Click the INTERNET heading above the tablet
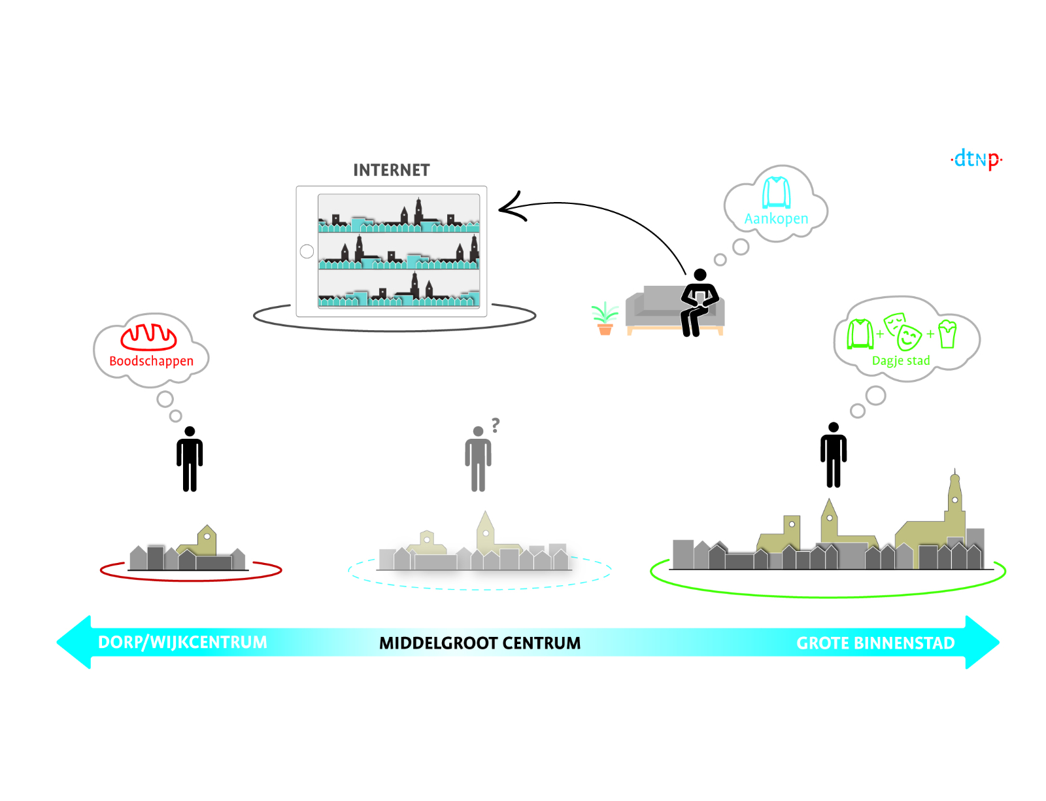391,171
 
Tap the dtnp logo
976,159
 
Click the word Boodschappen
151,361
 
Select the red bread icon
148,336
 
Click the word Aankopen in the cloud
776,218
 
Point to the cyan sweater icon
776,192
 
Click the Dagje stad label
900,361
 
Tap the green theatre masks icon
903,331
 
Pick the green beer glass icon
947,333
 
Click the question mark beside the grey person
496,425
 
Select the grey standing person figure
478,459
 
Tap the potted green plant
605,318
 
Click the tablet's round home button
307,251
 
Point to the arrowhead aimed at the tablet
511,208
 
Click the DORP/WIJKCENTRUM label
182,642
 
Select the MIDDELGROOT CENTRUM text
479,643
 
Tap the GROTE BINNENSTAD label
875,643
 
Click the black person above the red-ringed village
190,459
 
